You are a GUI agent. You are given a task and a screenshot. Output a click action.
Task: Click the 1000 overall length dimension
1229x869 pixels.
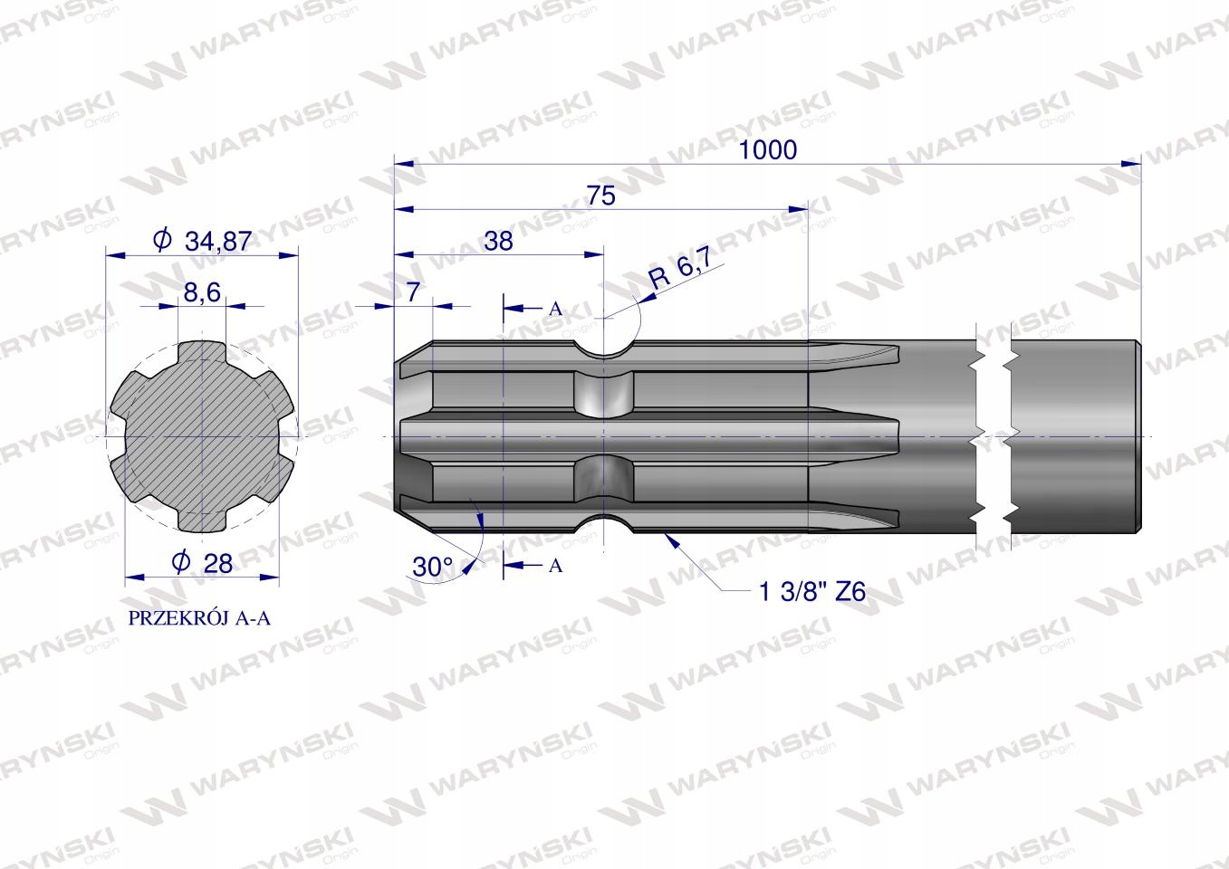(x=768, y=149)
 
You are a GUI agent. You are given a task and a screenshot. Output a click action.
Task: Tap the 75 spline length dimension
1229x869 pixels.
(x=601, y=196)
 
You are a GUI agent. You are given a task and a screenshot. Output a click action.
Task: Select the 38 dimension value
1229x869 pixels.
(x=498, y=241)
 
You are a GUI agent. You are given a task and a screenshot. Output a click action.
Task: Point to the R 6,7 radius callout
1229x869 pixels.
(x=680, y=267)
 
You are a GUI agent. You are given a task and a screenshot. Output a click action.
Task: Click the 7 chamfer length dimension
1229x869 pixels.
(x=413, y=291)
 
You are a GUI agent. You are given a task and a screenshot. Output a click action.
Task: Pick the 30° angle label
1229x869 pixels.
(x=433, y=567)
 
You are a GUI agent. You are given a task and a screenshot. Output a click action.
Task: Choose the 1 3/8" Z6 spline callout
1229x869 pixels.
(x=811, y=592)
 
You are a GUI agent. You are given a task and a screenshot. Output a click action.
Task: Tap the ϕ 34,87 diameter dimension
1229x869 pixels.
(x=203, y=240)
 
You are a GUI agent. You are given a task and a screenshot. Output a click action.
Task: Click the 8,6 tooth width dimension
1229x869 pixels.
(x=202, y=292)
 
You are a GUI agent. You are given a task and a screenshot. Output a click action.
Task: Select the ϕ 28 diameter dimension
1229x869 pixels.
(x=202, y=562)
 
